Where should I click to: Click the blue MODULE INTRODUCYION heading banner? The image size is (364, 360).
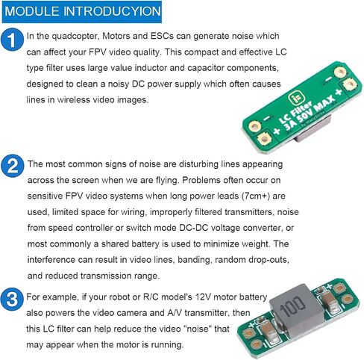(82, 12)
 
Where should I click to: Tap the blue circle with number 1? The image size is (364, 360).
(12, 40)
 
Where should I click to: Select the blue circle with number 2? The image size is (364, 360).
(12, 166)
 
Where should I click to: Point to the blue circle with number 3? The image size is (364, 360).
(12, 299)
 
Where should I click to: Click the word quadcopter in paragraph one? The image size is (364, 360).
(75, 37)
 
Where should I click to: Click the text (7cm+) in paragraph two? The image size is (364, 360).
(256, 196)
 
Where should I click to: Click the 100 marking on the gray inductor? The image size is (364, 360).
(292, 307)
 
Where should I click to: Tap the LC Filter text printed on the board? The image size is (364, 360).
(295, 112)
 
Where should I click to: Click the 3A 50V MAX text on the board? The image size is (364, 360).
(310, 114)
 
